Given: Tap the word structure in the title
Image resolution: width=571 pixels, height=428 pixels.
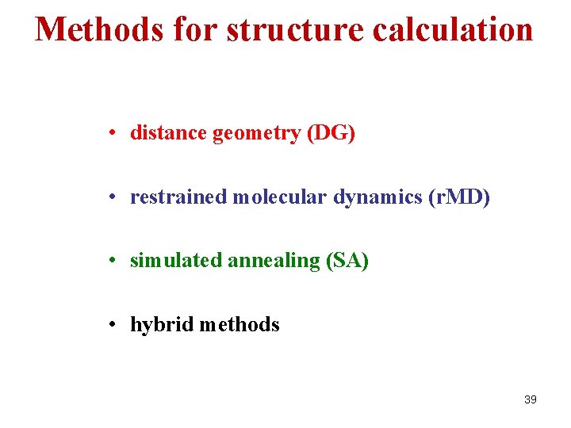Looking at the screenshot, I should (295, 29).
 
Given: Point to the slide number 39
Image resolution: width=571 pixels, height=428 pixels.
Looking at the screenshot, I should (531, 399).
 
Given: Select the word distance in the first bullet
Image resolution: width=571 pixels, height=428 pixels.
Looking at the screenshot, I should (168, 133).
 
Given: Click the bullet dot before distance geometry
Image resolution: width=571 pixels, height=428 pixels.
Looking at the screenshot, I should (115, 133).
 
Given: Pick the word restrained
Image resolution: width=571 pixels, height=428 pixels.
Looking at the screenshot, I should (178, 197).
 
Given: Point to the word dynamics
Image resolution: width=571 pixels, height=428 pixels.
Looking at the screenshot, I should (377, 198).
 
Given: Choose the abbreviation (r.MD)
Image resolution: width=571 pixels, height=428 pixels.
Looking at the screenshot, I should (459, 197).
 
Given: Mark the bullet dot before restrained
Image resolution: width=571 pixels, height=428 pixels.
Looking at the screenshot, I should (115, 197).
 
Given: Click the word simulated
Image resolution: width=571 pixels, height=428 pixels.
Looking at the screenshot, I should (175, 261).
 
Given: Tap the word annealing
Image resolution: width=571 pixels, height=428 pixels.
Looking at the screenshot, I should (274, 262).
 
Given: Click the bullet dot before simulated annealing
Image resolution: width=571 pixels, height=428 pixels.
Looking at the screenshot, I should (115, 261).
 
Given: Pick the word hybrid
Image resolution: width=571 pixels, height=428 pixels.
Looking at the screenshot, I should (162, 325).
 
